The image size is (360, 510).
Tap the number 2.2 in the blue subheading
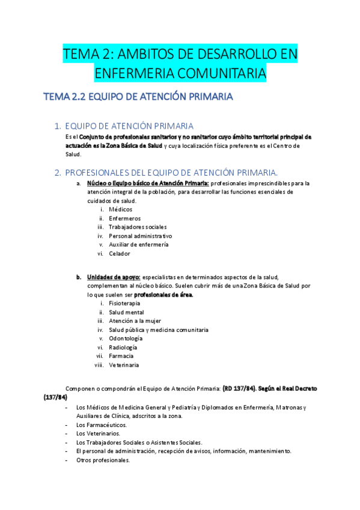[x=78, y=97]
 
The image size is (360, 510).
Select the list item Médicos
[x=121, y=209]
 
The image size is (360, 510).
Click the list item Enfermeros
[x=125, y=218]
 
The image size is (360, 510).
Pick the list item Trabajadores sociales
[x=138, y=227]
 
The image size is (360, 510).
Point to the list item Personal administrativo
[x=140, y=236]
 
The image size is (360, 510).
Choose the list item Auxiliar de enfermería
[x=139, y=245]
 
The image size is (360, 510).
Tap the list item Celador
[x=120, y=254]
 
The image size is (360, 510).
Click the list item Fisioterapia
[x=125, y=304]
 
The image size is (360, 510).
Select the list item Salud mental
[x=126, y=312]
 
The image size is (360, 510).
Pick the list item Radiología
[x=123, y=347]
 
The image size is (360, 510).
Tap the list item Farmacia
[x=121, y=356]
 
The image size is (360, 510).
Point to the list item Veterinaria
[x=124, y=365]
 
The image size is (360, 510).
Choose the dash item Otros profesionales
[x=103, y=460]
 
